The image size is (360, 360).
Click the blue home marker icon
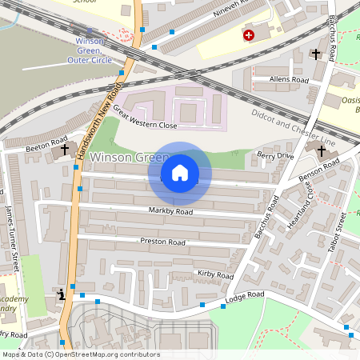point(180,173)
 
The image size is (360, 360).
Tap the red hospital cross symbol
point(249,36)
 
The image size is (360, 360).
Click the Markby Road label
point(170,212)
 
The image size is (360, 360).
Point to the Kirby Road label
point(214,274)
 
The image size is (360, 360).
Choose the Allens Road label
point(289,81)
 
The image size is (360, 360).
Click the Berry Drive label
point(275,155)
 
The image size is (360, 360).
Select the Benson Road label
point(319,171)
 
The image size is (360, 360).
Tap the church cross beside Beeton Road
point(64,149)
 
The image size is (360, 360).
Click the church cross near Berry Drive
point(322,150)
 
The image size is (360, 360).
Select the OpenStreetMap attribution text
point(80,354)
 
